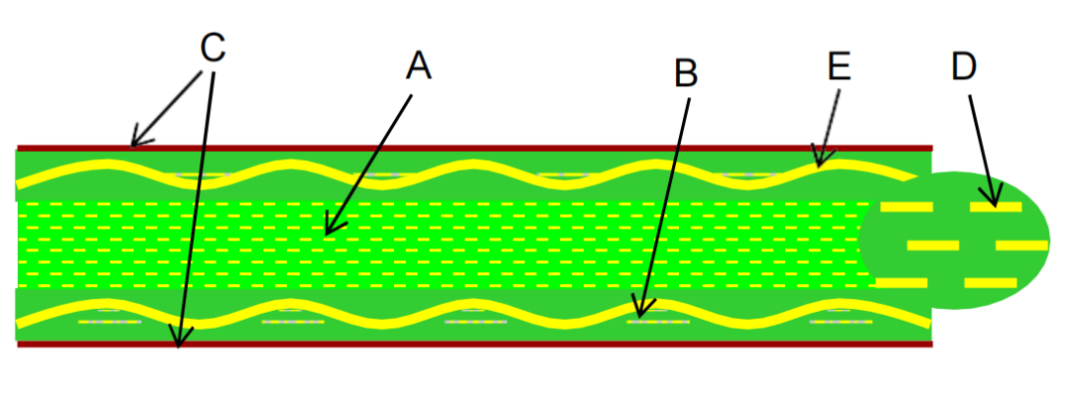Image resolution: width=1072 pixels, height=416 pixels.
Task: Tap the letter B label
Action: coord(686,72)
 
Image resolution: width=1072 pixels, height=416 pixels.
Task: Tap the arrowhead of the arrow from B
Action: coord(639,316)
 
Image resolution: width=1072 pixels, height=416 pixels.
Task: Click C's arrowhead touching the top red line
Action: coord(134,144)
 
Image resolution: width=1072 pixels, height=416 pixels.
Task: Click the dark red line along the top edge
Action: coord(496,148)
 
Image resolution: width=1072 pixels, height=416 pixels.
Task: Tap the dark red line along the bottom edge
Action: coord(496,345)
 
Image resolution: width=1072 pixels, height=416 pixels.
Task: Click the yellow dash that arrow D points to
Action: coord(996,207)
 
